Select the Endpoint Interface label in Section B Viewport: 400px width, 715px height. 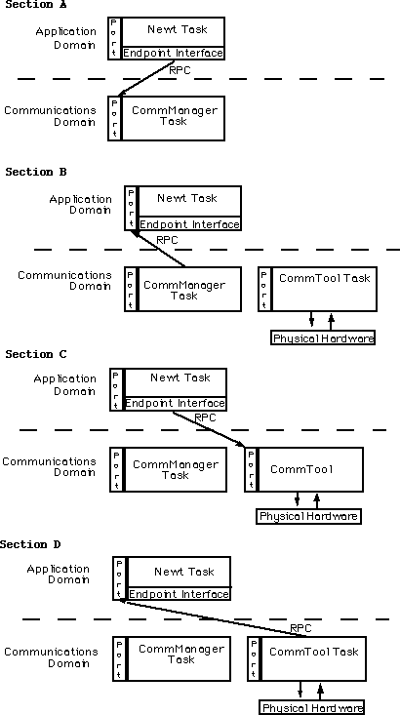189,224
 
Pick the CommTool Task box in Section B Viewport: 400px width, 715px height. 324,288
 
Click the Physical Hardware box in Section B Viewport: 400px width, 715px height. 323,338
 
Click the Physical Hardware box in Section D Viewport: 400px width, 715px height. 312,707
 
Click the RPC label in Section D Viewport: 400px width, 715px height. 300,628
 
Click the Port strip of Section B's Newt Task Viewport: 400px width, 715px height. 132,209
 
